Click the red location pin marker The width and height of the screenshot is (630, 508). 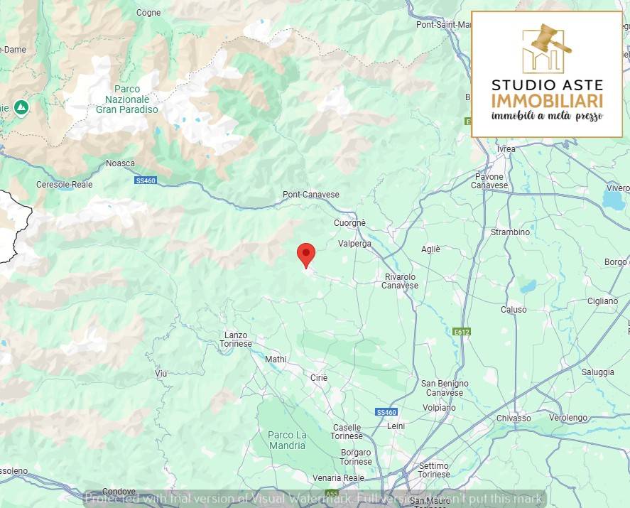click(x=306, y=254)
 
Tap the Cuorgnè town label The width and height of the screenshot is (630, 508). click(x=349, y=223)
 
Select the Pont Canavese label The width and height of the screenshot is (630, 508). click(x=311, y=195)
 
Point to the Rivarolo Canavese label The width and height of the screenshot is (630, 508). click(x=401, y=281)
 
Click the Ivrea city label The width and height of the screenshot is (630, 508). click(x=506, y=148)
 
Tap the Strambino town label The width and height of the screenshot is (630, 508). click(x=510, y=232)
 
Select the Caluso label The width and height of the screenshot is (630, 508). click(x=514, y=309)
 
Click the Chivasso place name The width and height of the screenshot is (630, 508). click(x=514, y=418)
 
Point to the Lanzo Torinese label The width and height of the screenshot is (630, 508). click(x=237, y=339)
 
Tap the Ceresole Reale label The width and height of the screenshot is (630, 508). click(x=65, y=184)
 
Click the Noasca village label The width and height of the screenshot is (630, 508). click(x=120, y=163)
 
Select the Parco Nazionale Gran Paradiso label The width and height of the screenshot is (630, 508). click(x=127, y=99)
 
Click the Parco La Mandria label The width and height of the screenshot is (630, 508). click(x=287, y=440)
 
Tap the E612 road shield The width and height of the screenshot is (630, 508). click(x=461, y=332)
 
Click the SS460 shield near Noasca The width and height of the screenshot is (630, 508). click(x=145, y=180)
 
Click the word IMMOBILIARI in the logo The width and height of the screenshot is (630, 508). click(x=547, y=101)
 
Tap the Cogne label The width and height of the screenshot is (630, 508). click(x=148, y=13)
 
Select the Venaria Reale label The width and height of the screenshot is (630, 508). click(x=338, y=478)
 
